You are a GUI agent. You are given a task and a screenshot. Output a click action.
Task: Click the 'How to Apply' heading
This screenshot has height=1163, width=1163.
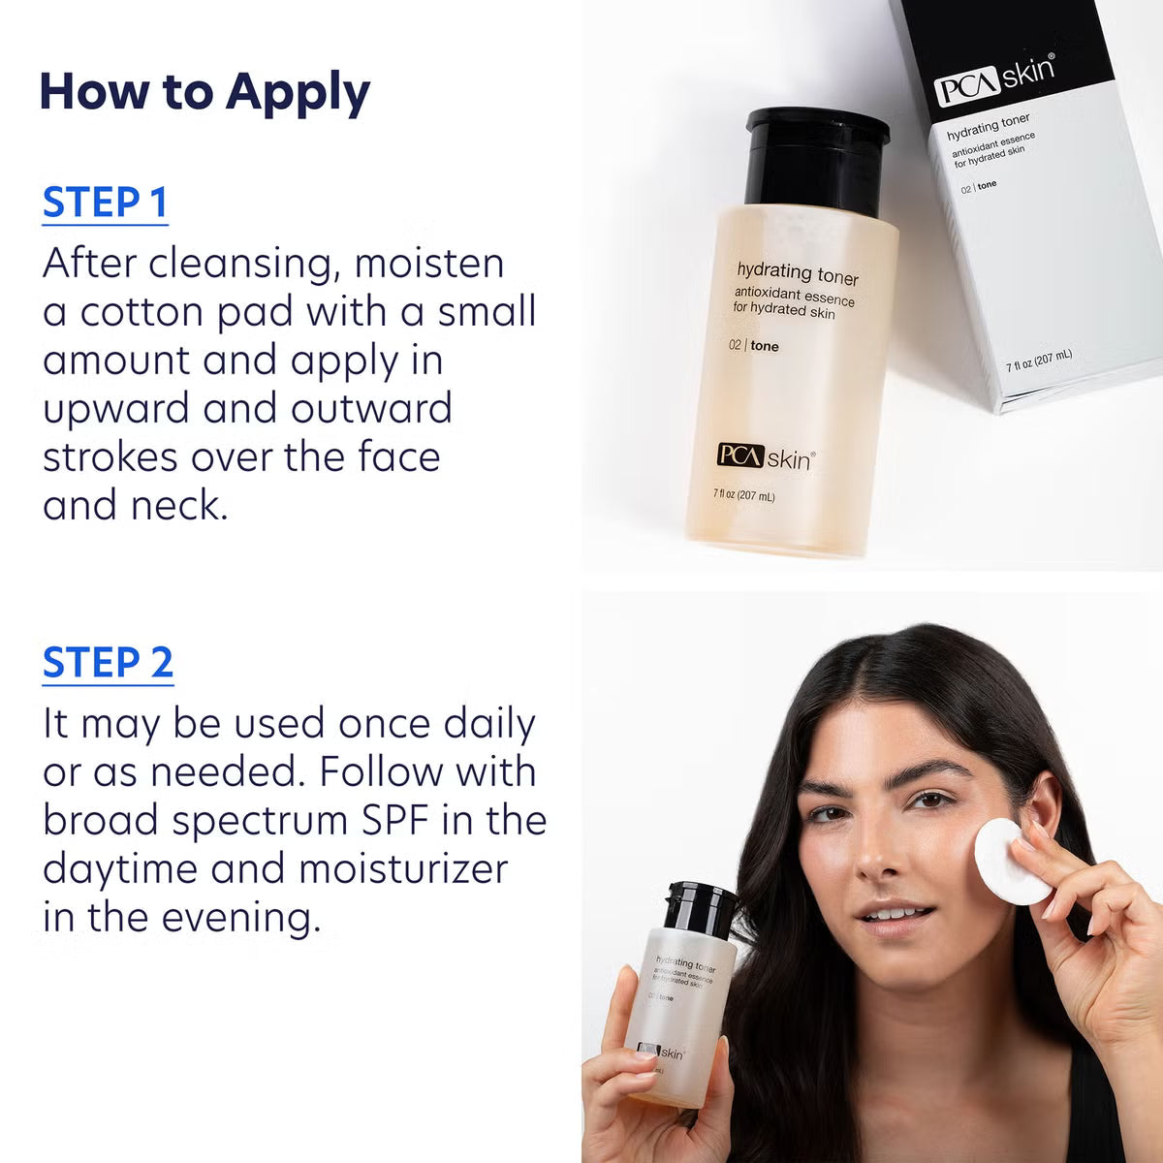pos(204,92)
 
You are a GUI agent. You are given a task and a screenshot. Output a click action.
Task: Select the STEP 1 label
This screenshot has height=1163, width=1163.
pos(106,203)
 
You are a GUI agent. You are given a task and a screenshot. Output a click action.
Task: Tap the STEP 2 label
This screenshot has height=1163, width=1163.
pos(108,663)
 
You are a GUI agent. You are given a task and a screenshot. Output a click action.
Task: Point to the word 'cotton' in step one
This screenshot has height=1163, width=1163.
pos(142,312)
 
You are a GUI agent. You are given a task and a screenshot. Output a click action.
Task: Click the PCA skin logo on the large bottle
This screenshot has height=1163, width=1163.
pos(765,457)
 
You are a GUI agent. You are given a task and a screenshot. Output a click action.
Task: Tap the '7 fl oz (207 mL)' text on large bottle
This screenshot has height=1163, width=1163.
pos(744,496)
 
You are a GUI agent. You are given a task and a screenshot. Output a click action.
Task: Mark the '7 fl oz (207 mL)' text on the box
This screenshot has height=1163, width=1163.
pos(1038,360)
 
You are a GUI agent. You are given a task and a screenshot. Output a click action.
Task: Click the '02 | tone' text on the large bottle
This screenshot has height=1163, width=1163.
pos(753,346)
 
